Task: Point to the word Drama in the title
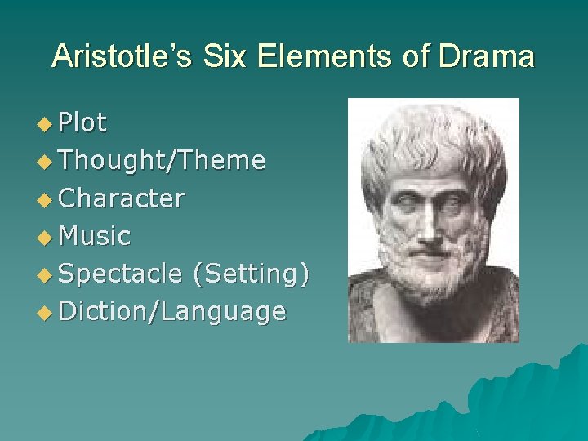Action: coord(488,56)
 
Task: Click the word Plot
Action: coord(82,122)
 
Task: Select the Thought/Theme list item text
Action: coord(162,160)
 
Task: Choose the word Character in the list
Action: coord(122,198)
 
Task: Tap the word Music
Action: coord(95,236)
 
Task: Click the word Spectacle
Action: coord(121,274)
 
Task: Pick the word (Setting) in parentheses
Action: coord(250,274)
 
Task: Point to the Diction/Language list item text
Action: coord(172,312)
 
